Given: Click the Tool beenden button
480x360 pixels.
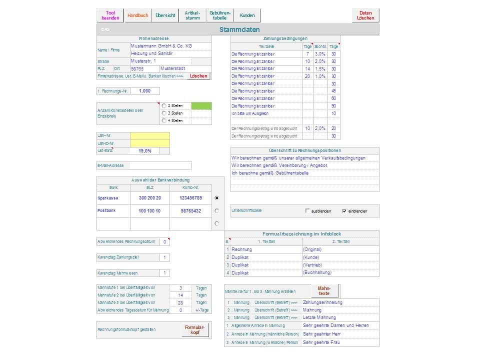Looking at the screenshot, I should coord(110,15).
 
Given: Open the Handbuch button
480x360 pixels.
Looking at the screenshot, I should coord(137,15).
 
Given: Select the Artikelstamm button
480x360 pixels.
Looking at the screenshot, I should coord(192,15).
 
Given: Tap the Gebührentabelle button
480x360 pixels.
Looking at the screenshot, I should coord(220,15).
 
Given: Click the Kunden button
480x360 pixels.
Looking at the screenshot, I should coord(247,15).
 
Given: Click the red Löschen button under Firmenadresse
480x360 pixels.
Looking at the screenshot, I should coord(198,76).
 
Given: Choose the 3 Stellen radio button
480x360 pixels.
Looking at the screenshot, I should coord(164,113).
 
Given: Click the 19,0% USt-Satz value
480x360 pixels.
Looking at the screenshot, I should coord(145,150).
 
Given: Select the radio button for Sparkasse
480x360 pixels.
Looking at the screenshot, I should coord(216,198).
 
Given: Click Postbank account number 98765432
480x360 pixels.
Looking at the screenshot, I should coord(190,211).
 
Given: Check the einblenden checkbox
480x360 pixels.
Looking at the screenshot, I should coord(344,211).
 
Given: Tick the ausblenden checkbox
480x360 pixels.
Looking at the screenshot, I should coord(307,211).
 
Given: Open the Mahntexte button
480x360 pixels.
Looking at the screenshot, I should coord(324,291).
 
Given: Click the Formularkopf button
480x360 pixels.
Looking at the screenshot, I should coord(194,330).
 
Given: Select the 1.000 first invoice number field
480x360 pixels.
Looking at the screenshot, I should coord(145,91).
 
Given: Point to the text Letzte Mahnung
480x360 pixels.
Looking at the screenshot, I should coord(319,317).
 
